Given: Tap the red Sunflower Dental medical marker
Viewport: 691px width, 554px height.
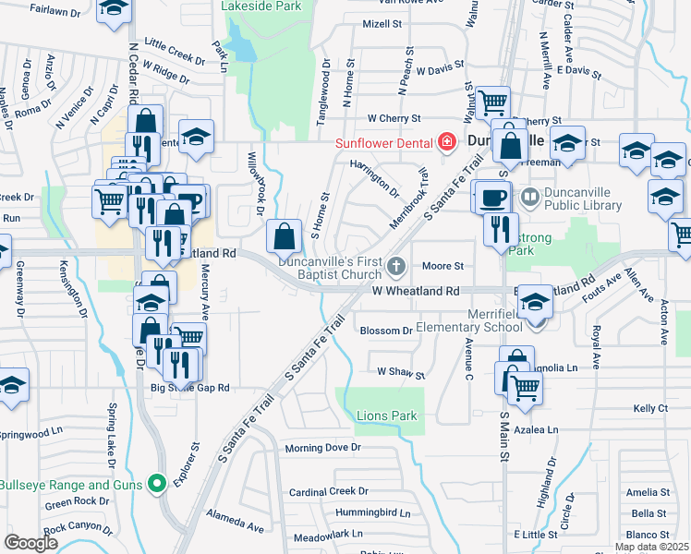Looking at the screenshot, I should (447, 141).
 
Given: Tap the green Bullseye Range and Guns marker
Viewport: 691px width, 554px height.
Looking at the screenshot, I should (157, 483).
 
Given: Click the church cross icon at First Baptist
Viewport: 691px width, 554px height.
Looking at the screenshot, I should (396, 268).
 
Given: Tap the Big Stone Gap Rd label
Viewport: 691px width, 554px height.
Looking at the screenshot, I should (189, 389).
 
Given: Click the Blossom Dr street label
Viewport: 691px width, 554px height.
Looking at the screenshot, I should (385, 331).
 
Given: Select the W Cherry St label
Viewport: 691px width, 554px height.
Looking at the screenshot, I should (394, 118).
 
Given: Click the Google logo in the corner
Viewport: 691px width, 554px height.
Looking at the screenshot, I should (31, 543).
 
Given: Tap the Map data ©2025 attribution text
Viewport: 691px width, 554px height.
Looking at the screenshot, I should (650, 547).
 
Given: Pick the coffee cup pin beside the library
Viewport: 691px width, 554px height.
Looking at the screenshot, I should (491, 196).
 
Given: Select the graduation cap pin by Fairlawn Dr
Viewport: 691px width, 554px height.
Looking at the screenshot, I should (114, 8).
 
